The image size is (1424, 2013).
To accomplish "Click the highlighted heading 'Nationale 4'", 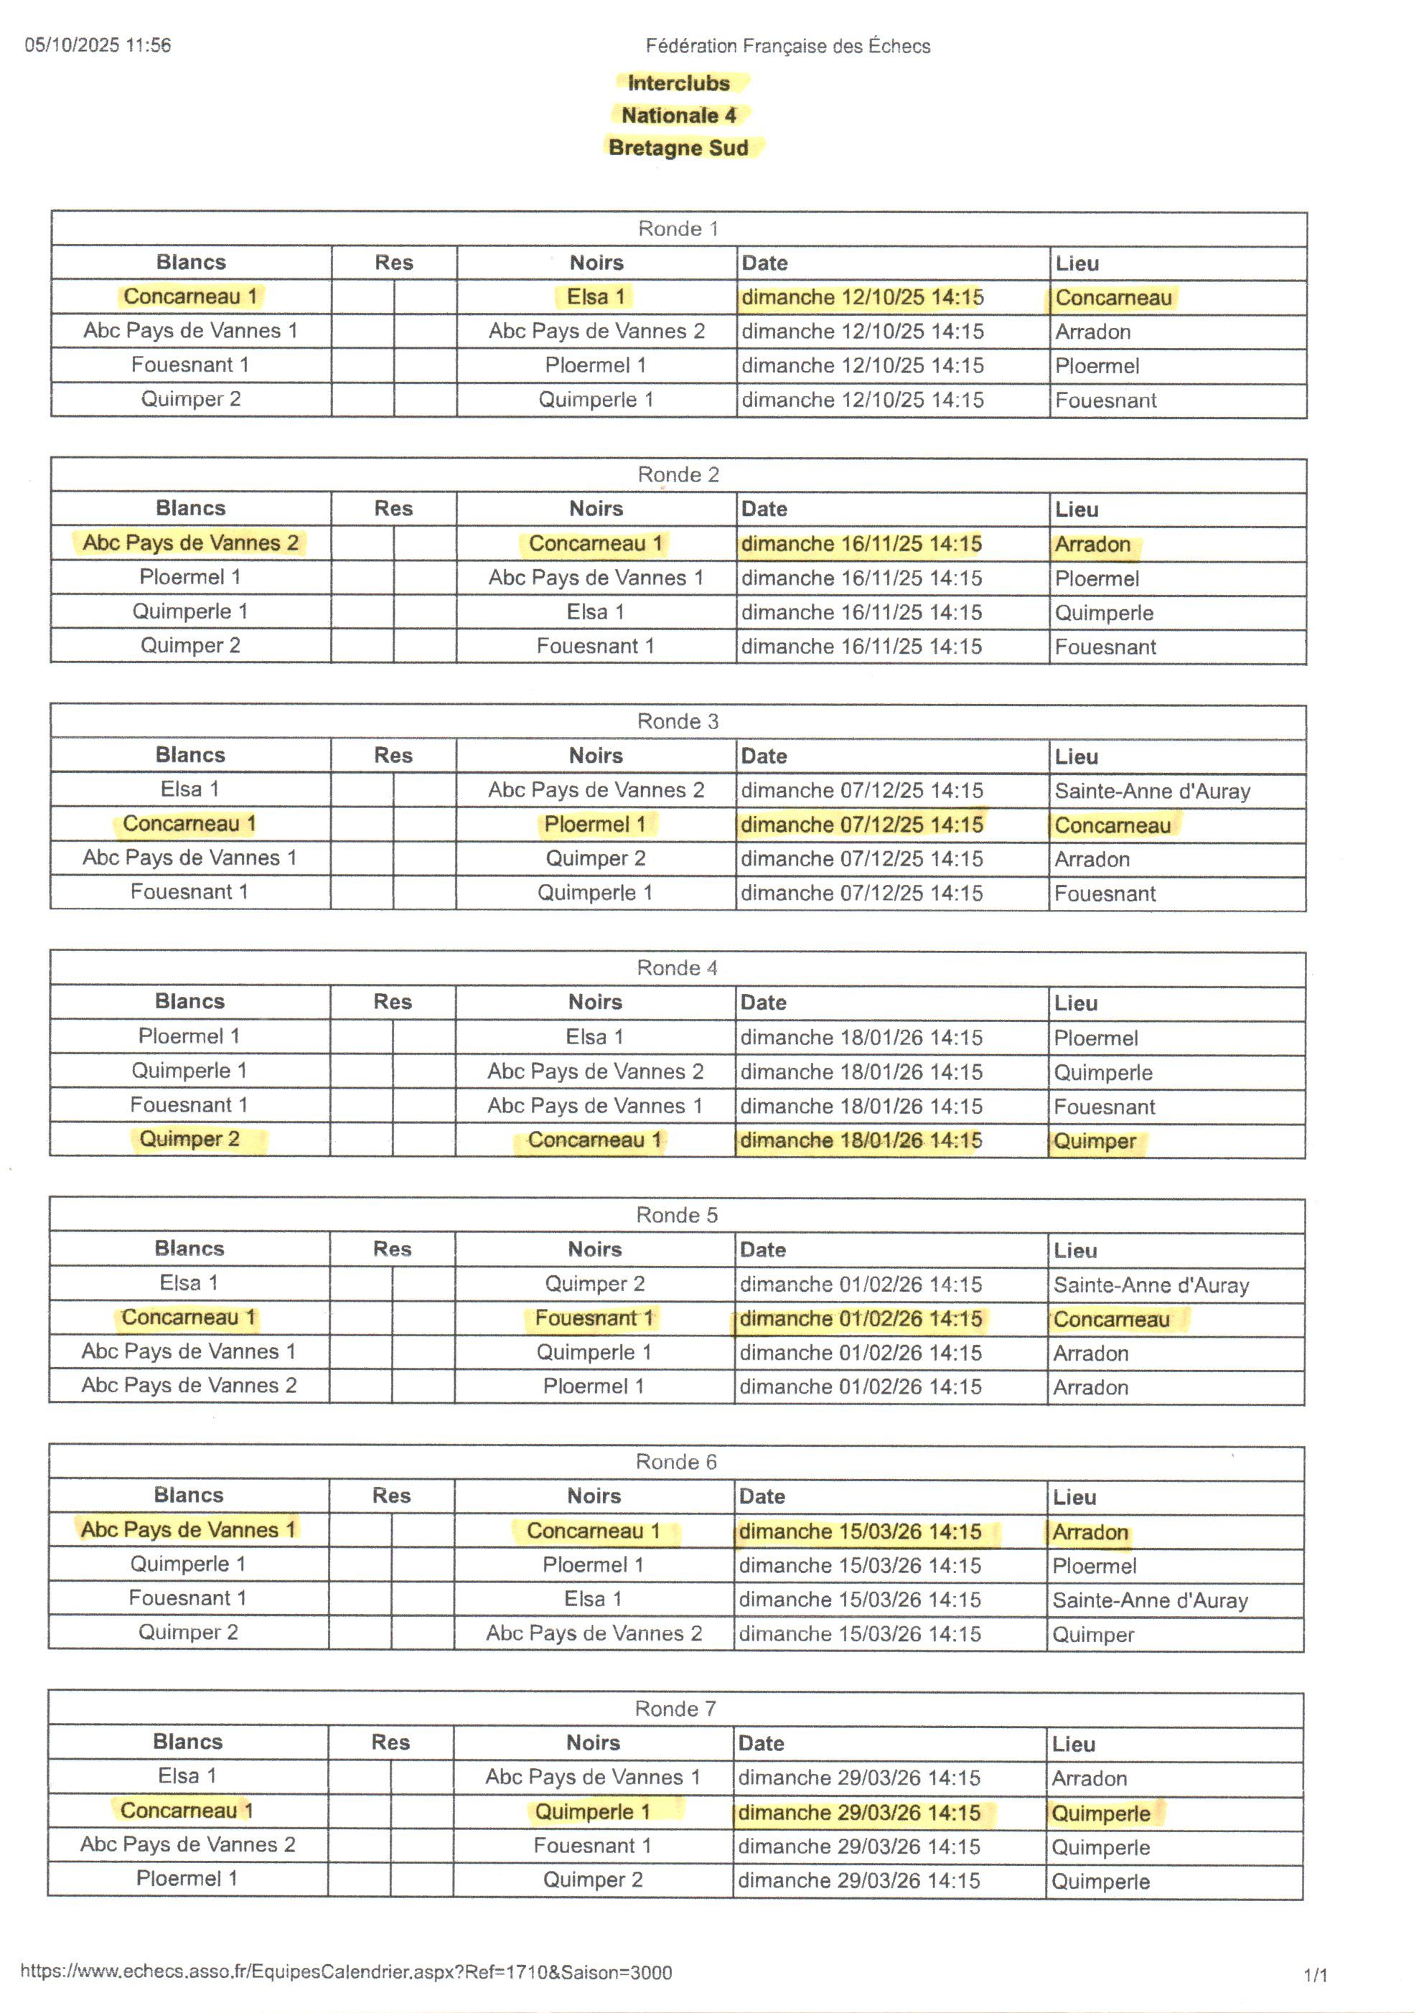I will pyautogui.click(x=679, y=116).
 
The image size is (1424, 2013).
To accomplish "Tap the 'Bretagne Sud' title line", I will pyautogui.click(x=679, y=148).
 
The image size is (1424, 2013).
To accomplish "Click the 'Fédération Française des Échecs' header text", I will pyautogui.click(x=787, y=47).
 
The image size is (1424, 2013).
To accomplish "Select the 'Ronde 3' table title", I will pyautogui.click(x=677, y=721).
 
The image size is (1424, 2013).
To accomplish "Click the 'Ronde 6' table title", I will pyautogui.click(x=676, y=1462).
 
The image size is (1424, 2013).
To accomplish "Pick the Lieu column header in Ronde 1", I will pyautogui.click(x=1077, y=263).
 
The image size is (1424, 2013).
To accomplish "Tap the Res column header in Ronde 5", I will pyautogui.click(x=392, y=1249).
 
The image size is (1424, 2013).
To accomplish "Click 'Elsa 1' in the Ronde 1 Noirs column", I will pyautogui.click(x=596, y=297).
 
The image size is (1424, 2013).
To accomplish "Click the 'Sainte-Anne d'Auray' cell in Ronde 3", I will pyautogui.click(x=1152, y=791).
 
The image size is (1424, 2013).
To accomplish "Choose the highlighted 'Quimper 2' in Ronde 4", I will pyautogui.click(x=189, y=1139).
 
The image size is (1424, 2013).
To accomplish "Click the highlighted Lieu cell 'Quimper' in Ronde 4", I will pyautogui.click(x=1095, y=1142).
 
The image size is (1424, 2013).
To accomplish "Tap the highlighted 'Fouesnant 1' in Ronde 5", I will pyautogui.click(x=594, y=1318).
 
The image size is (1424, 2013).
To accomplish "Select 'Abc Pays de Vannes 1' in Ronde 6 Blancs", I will pyautogui.click(x=189, y=1530).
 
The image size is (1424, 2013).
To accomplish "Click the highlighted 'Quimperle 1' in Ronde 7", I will pyautogui.click(x=593, y=1811).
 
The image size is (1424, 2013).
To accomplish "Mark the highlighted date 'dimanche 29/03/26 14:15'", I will pyautogui.click(x=859, y=1812).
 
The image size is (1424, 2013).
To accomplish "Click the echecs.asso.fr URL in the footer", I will pyautogui.click(x=347, y=1973).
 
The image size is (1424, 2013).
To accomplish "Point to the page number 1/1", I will pyautogui.click(x=1316, y=1975).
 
